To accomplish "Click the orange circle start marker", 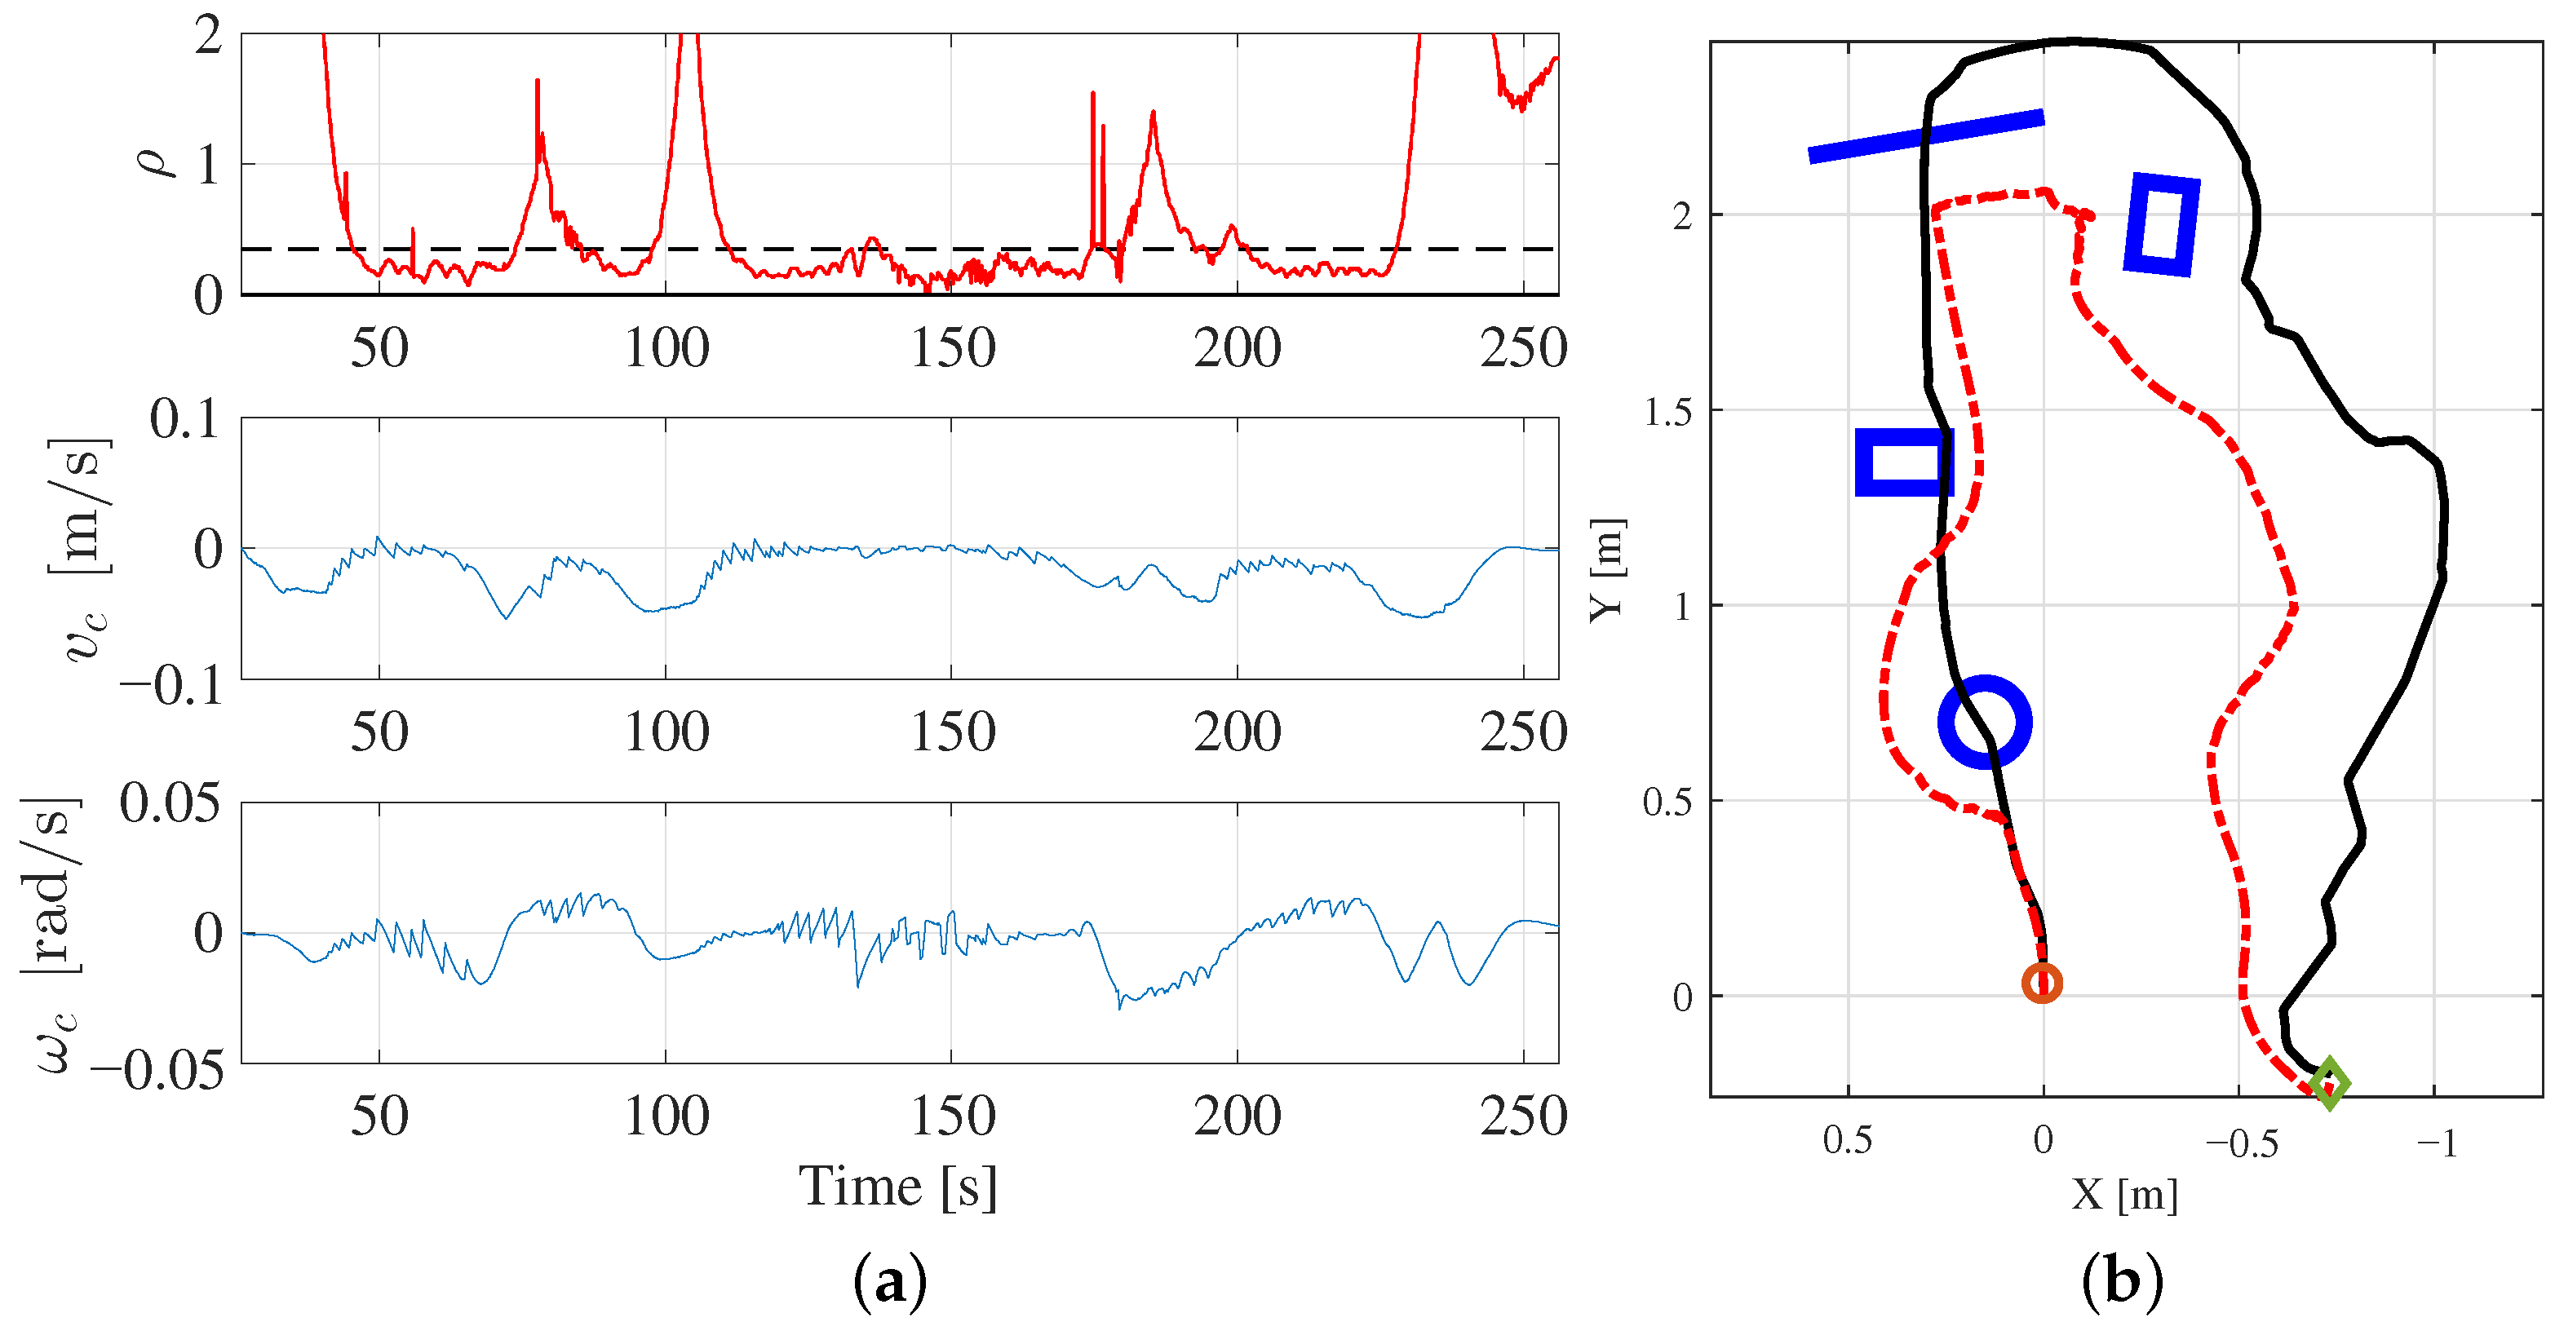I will pyautogui.click(x=2041, y=983).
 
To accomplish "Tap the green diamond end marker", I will pyautogui.click(x=2329, y=1083).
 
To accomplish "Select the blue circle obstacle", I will pyautogui.click(x=1985, y=722).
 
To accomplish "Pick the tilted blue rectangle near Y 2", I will pyautogui.click(x=2161, y=224).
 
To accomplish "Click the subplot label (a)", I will pyautogui.click(x=890, y=1282).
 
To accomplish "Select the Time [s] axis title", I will pyautogui.click(x=897, y=1187).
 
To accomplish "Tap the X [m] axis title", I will pyautogui.click(x=2123, y=1194).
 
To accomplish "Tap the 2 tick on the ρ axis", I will pyautogui.click(x=208, y=37).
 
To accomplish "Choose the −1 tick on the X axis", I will pyautogui.click(x=2436, y=1143).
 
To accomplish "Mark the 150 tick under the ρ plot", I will pyautogui.click(x=952, y=348).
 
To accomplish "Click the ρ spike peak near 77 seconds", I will pyautogui.click(x=538, y=82).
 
